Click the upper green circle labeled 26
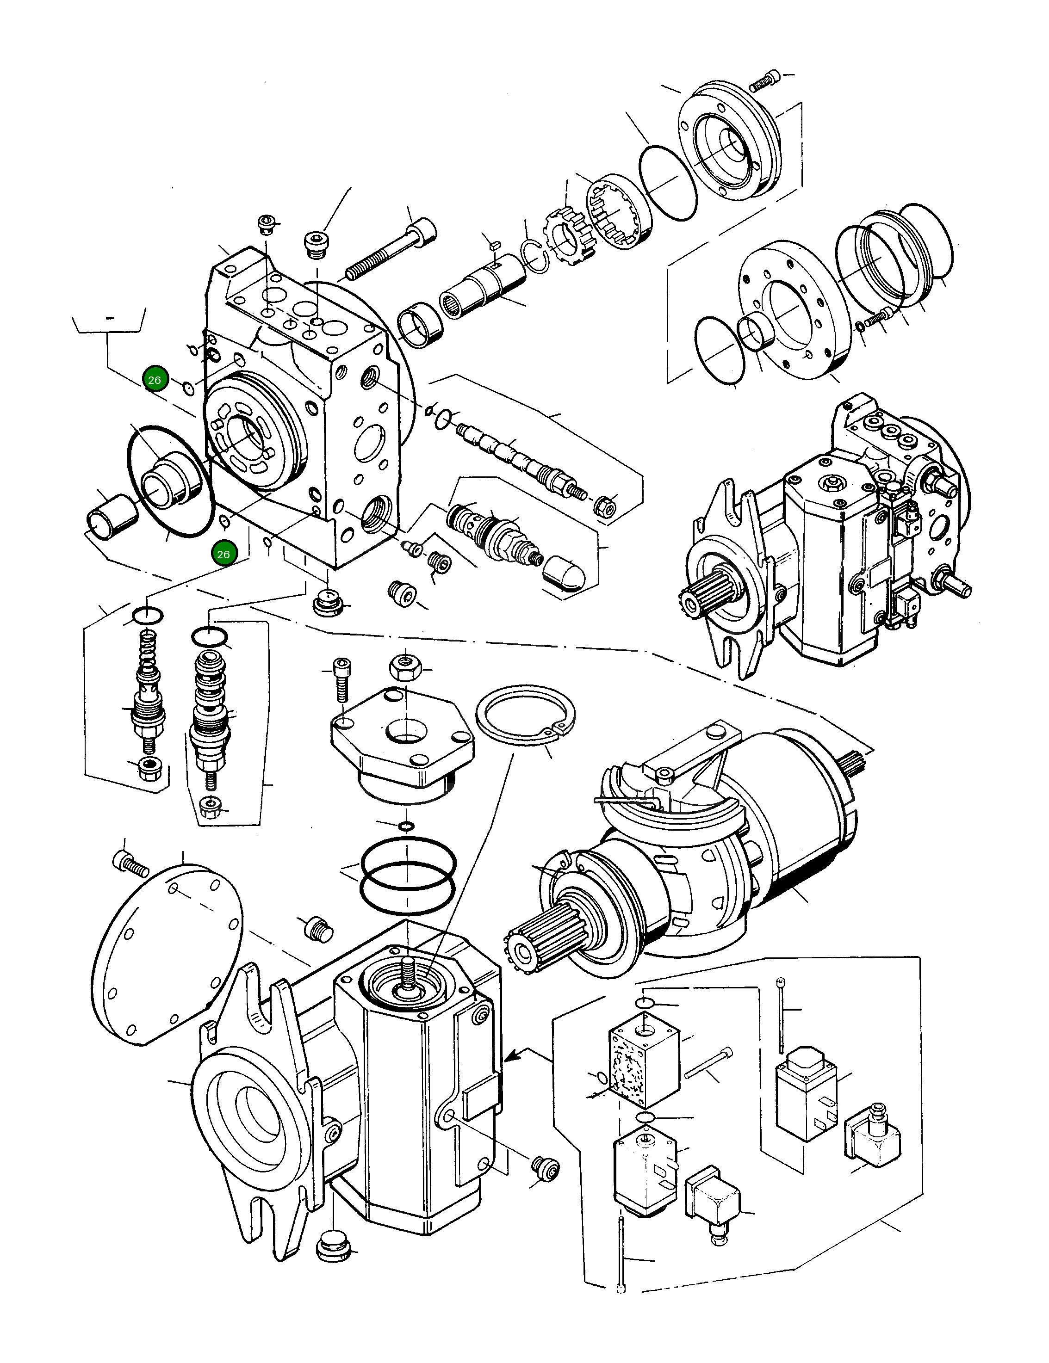tap(154, 379)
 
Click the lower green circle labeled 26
tap(223, 554)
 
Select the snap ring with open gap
tap(525, 715)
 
